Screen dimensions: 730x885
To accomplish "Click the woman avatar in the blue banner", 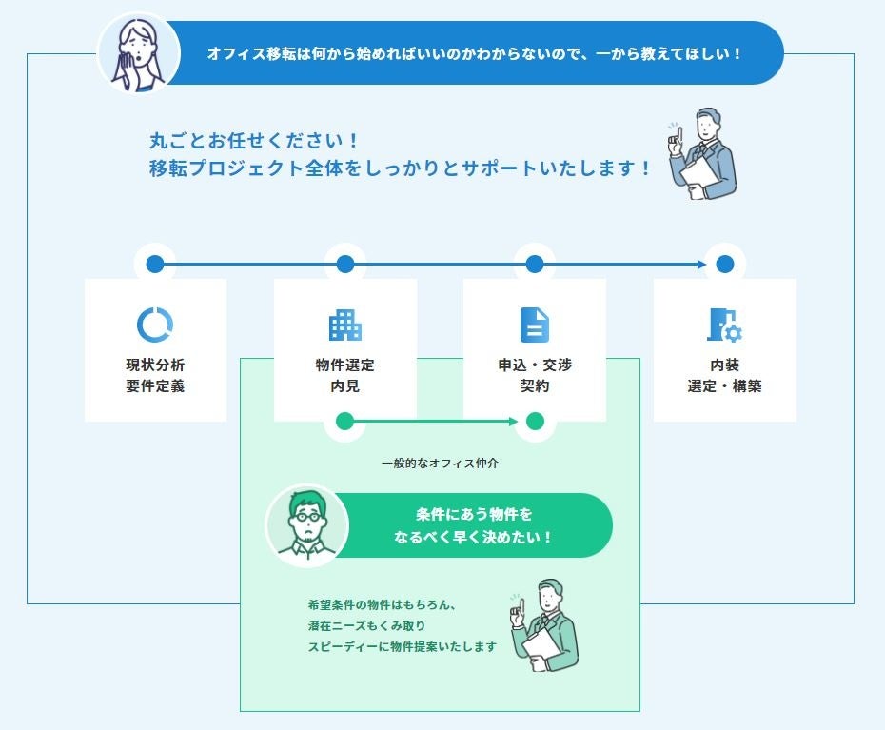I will click(x=139, y=52).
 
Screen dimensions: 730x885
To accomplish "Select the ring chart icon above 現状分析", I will click(x=155, y=326).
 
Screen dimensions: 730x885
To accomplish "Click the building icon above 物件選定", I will click(x=345, y=326).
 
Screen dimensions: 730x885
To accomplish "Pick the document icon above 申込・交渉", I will click(x=535, y=326).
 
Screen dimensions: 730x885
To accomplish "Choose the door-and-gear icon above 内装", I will click(x=724, y=326).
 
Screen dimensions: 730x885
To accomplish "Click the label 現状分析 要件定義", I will click(x=155, y=376).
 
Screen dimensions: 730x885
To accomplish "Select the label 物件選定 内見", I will click(x=345, y=376).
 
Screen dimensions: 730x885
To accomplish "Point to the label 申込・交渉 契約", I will click(x=535, y=376).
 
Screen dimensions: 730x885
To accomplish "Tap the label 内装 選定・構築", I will click(x=724, y=376).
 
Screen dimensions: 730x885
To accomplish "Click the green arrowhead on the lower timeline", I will click(x=513, y=421).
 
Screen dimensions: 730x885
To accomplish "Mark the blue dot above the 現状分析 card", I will click(x=156, y=264).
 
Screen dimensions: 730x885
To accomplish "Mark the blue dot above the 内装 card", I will click(x=725, y=264).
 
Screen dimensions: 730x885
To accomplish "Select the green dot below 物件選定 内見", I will click(x=345, y=421).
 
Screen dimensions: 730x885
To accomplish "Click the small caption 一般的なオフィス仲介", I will click(x=440, y=464).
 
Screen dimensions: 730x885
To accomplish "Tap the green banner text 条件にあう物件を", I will click(x=474, y=515).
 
